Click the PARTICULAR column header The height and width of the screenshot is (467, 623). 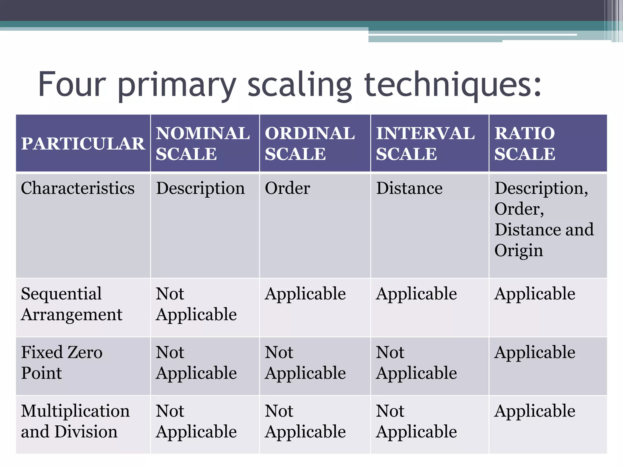[83, 144]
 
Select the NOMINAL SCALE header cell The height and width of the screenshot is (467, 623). [203, 144]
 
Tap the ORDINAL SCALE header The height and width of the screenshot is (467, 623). [310, 144]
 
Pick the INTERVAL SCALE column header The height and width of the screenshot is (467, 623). [425, 144]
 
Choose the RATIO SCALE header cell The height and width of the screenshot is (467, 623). [525, 144]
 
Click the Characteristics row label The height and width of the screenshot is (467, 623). [78, 188]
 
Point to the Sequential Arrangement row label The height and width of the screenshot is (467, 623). [71, 304]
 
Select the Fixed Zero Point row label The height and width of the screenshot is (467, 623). [62, 363]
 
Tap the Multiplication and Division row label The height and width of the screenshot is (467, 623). [75, 421]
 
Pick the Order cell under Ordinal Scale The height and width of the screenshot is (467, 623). [287, 188]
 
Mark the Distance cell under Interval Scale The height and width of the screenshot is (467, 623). [409, 188]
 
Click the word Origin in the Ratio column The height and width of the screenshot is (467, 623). [519, 251]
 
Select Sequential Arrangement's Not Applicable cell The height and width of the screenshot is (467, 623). [196, 304]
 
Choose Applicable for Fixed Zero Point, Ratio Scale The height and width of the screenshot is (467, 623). [535, 353]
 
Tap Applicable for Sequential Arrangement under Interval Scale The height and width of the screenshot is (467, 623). [416, 294]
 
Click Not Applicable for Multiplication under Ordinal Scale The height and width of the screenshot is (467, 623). [305, 421]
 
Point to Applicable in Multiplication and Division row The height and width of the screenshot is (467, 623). [535, 411]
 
